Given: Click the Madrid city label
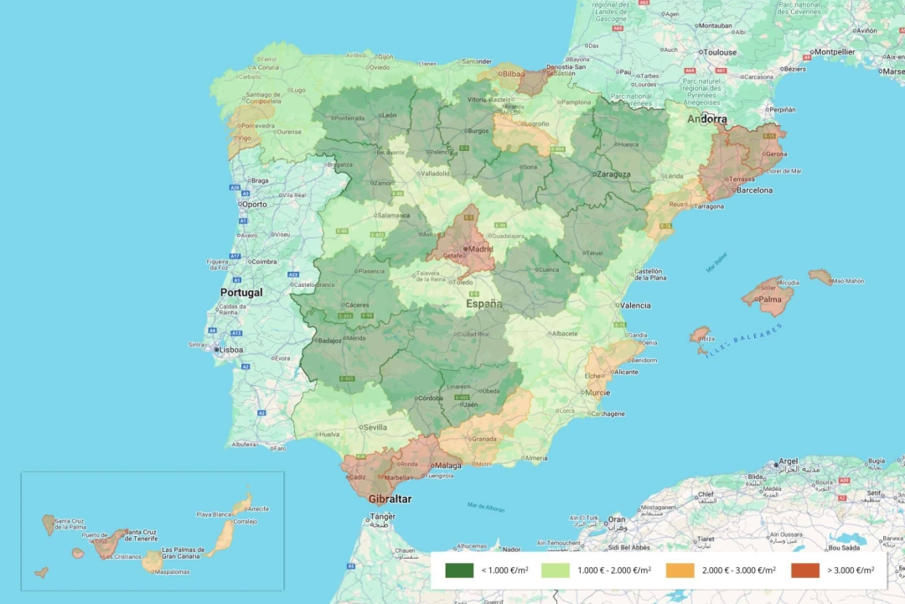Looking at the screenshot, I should pos(480,248).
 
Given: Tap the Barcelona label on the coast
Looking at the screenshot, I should pos(754,190).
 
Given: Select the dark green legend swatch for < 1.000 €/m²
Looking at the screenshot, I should pos(459,570).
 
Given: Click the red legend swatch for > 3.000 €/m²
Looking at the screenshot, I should pos(804,570).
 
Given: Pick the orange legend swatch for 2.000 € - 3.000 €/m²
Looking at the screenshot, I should pos(680,570).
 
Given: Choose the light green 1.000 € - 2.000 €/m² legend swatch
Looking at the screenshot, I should pos(556,570).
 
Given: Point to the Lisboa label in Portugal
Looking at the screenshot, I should pos(230,350).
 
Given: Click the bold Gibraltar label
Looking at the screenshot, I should pos(390,498).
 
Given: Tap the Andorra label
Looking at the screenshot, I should pos(706,119).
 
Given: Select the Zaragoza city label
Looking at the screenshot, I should pos(613,174).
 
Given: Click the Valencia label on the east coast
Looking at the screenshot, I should pos(635,305).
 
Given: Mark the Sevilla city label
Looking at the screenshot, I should pos(375,427).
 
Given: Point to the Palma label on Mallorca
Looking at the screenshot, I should pos(770,299).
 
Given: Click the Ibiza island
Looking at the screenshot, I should pos(700,337).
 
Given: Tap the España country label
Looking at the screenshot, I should pos(484,304).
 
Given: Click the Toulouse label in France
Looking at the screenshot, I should pos(720,52).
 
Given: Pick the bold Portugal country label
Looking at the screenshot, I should pos(240,293).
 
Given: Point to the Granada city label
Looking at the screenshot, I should pos(484,439).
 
